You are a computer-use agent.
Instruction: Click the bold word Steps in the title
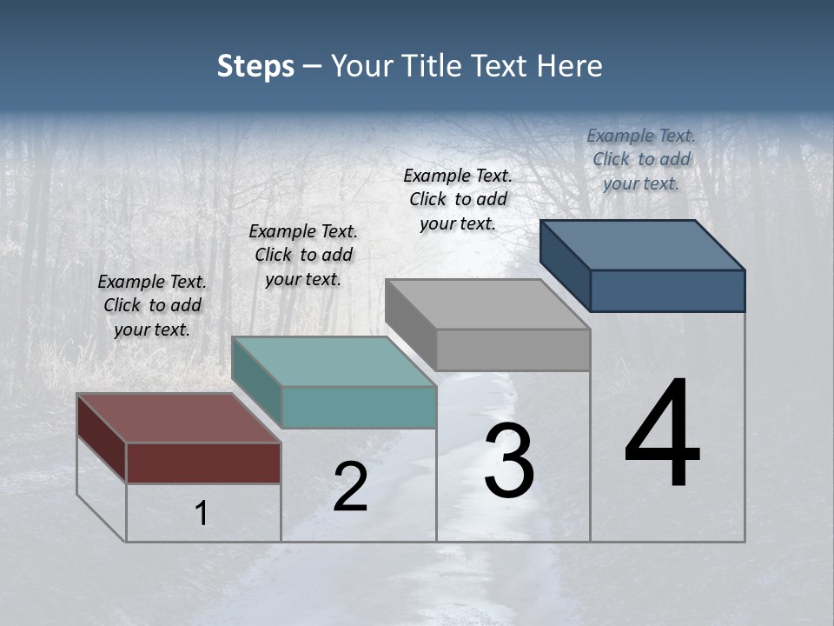tap(255, 66)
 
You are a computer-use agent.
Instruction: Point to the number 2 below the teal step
tap(350, 487)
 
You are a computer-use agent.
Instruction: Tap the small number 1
tap(202, 514)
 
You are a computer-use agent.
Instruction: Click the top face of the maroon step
tap(178, 418)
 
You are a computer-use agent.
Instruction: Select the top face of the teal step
tap(334, 361)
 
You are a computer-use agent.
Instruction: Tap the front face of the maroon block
tap(203, 463)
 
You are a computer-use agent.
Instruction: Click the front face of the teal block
tap(359, 407)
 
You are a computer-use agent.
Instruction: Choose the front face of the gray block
tap(513, 350)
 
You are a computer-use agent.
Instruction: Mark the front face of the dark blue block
tap(667, 290)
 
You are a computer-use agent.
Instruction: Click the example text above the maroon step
tap(152, 305)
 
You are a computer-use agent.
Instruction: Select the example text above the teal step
tap(303, 255)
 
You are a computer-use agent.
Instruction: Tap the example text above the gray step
tap(458, 199)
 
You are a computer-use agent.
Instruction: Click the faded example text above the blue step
tap(641, 159)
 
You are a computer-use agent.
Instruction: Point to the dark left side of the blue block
tap(565, 264)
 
